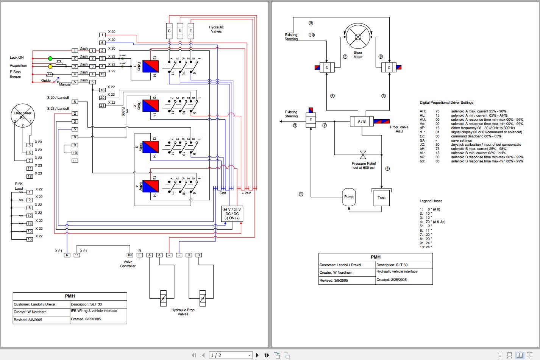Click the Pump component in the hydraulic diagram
coord(349,197)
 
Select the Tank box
coord(381,198)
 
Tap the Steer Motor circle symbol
coord(358,37)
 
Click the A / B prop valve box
coord(362,122)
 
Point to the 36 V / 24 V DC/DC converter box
coord(232,214)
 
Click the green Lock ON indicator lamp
coord(50,58)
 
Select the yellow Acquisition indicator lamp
coord(50,66)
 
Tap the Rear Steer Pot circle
coord(23,115)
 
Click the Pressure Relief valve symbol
coord(363,154)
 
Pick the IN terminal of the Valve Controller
coord(130,255)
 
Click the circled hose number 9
coord(311,23)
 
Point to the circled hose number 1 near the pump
coord(301,194)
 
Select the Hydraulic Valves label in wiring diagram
coord(216,29)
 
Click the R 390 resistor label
coord(123,111)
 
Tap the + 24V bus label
coord(246,193)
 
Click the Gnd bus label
coord(223,193)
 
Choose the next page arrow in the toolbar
coord(258,355)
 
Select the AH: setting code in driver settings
coord(422,111)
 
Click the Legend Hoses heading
coord(431,201)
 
